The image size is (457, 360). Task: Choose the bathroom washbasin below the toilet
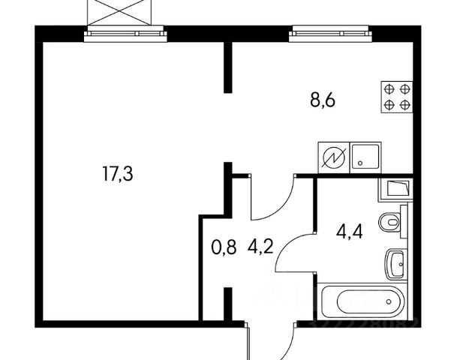[x=395, y=264]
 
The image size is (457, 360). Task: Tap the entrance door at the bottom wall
[x=248, y=341]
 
